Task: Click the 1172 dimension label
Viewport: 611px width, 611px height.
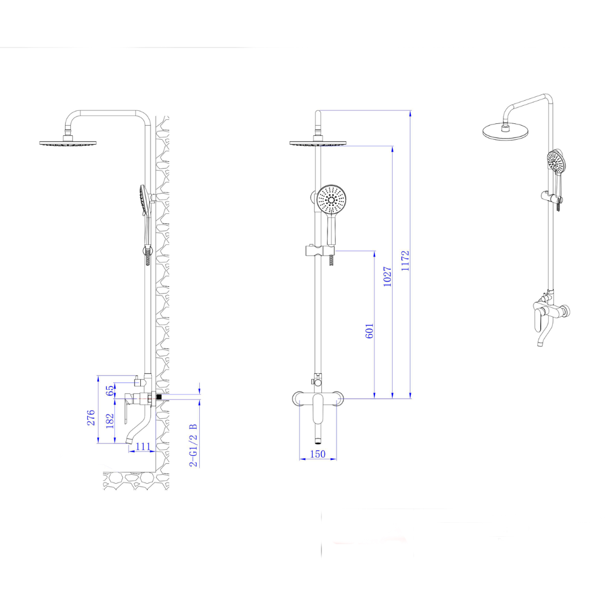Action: (405, 261)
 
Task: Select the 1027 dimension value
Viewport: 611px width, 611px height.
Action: (387, 276)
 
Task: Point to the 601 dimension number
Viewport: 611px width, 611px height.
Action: (369, 330)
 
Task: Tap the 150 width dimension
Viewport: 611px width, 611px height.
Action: (317, 454)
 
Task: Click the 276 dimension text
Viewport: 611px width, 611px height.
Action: (91, 418)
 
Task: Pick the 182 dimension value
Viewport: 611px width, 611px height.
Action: (110, 421)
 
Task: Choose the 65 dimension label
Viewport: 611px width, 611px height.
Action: (110, 390)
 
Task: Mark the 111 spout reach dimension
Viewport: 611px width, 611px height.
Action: (143, 446)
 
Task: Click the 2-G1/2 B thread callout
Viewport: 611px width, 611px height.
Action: (193, 445)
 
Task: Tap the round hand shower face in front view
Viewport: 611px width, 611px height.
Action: (331, 200)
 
